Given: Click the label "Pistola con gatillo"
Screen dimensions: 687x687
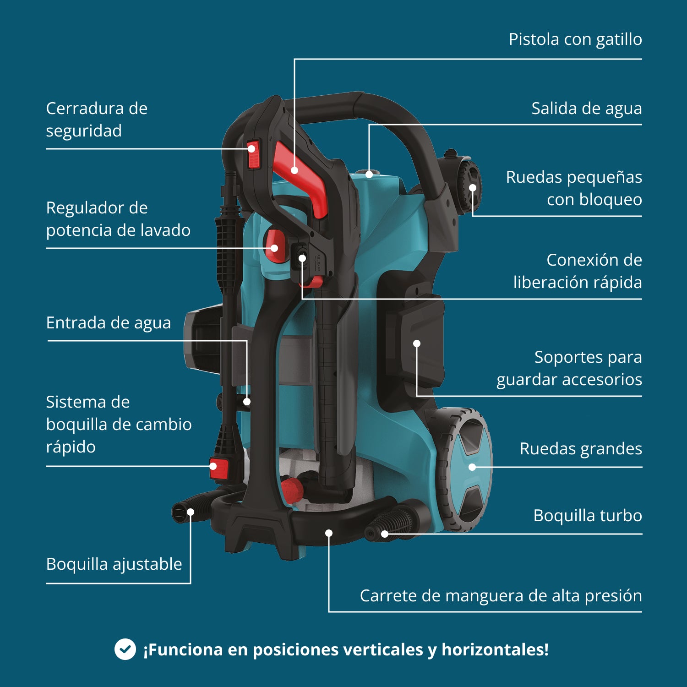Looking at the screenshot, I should point(575,39).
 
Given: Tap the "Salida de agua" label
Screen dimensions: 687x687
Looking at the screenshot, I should point(586,109).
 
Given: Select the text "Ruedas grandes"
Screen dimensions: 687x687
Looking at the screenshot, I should point(580,449).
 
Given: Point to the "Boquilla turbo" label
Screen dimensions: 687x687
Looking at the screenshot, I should point(587,516).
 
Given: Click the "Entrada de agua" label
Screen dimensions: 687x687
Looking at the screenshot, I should point(109,323).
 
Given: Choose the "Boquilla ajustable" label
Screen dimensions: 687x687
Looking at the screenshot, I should point(114,564).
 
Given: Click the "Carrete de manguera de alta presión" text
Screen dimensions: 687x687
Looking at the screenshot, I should point(501,596).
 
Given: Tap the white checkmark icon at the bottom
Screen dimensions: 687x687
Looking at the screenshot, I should point(125,649).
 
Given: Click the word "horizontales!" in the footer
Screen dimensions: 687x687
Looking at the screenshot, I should point(495,649).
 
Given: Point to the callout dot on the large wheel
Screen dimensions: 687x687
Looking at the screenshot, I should point(472,467).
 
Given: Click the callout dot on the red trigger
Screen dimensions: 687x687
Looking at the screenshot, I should point(294,170).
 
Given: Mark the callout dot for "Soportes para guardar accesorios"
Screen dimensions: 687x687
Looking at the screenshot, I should point(417,343).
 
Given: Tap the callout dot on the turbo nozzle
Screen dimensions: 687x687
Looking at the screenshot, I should point(385,534).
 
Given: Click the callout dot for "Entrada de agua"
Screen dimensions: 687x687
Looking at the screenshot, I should point(247,402).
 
